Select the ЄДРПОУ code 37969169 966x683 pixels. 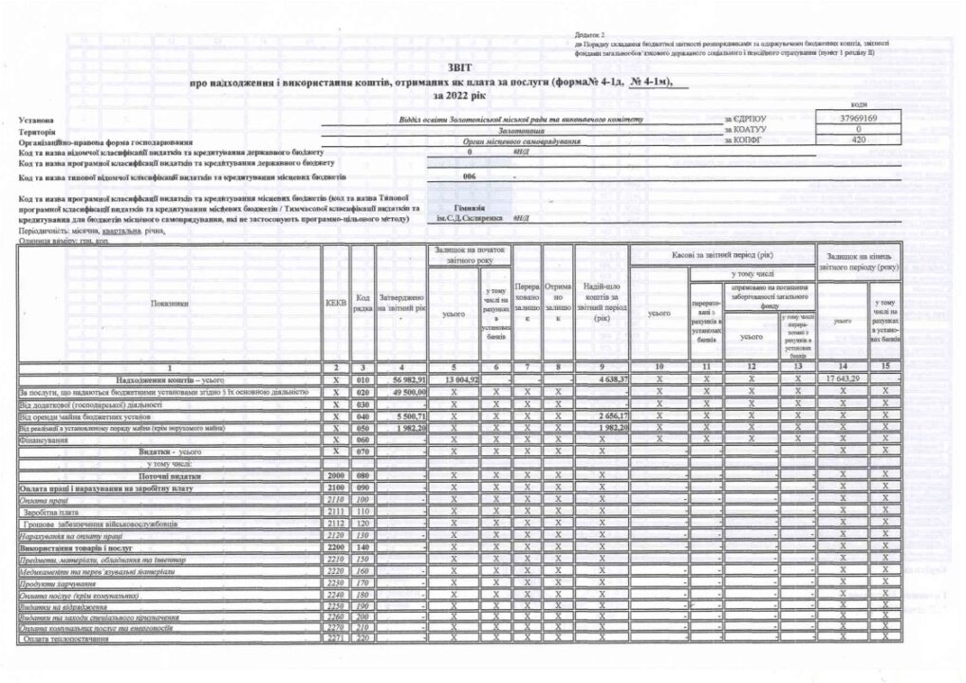coord(857,118)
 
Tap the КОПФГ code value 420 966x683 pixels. coord(857,138)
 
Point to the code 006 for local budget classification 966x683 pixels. coord(468,176)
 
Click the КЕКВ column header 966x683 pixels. coord(336,304)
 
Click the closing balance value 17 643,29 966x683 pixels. coord(841,379)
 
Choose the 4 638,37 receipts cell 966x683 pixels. coord(602,379)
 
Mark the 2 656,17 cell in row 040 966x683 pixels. coord(602,415)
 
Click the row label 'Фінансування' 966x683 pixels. coord(42,440)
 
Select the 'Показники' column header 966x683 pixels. coord(169,304)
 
